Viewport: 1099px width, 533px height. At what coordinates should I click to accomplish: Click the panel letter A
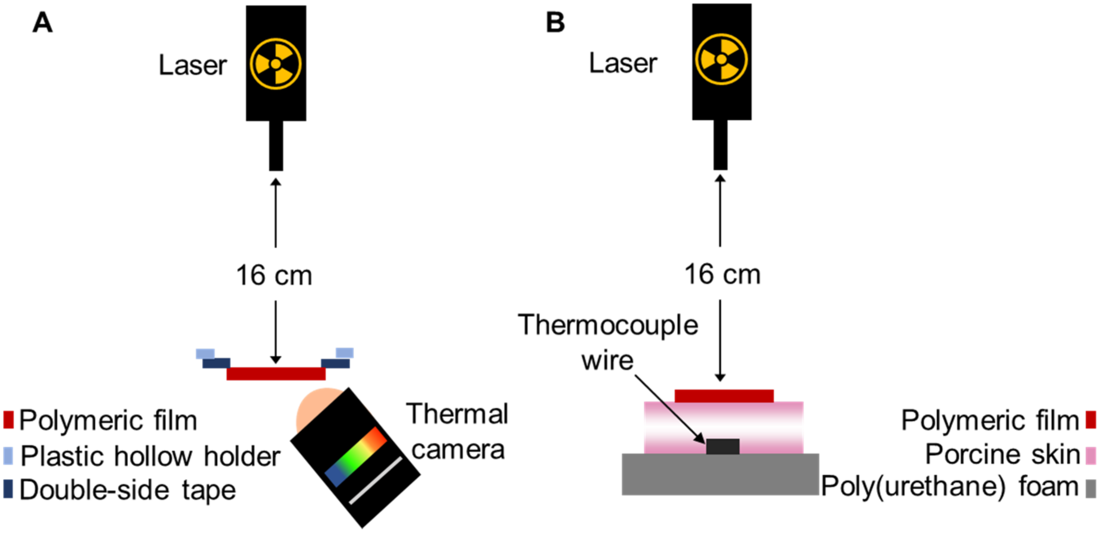(x=43, y=23)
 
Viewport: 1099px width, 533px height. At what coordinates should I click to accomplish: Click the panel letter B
(x=555, y=23)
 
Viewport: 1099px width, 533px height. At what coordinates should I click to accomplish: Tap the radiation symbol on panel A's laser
(x=276, y=64)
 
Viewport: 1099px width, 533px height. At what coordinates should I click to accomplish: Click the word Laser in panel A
(x=193, y=66)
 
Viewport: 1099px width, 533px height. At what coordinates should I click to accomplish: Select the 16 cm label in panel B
(x=722, y=274)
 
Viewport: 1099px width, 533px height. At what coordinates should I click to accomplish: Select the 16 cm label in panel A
(x=274, y=276)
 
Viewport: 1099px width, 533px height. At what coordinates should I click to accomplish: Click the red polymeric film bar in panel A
(x=276, y=374)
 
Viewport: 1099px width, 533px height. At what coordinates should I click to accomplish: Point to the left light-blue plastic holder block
(x=205, y=353)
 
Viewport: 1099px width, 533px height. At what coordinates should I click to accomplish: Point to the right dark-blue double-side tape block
(x=335, y=363)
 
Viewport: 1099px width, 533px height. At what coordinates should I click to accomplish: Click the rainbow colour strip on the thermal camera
(x=355, y=457)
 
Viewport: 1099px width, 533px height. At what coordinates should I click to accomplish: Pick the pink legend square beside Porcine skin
(x=1090, y=456)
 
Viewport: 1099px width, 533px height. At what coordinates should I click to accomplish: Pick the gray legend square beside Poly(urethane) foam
(x=1090, y=489)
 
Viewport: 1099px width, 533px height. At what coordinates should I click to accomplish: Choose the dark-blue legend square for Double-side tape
(x=8, y=489)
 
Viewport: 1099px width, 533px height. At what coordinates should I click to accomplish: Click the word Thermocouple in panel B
(x=608, y=325)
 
